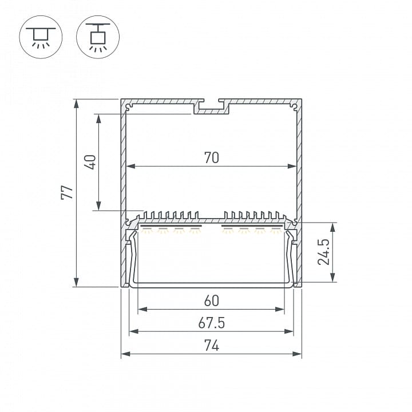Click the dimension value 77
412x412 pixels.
(67, 193)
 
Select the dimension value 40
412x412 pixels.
(90, 162)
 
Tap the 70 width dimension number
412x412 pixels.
(212, 158)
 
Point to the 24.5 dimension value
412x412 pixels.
(323, 252)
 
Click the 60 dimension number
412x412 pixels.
(212, 301)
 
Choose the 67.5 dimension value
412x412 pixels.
(212, 323)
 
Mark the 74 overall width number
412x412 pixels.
(212, 345)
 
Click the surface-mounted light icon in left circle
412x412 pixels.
(41, 37)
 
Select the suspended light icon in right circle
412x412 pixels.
(98, 37)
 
